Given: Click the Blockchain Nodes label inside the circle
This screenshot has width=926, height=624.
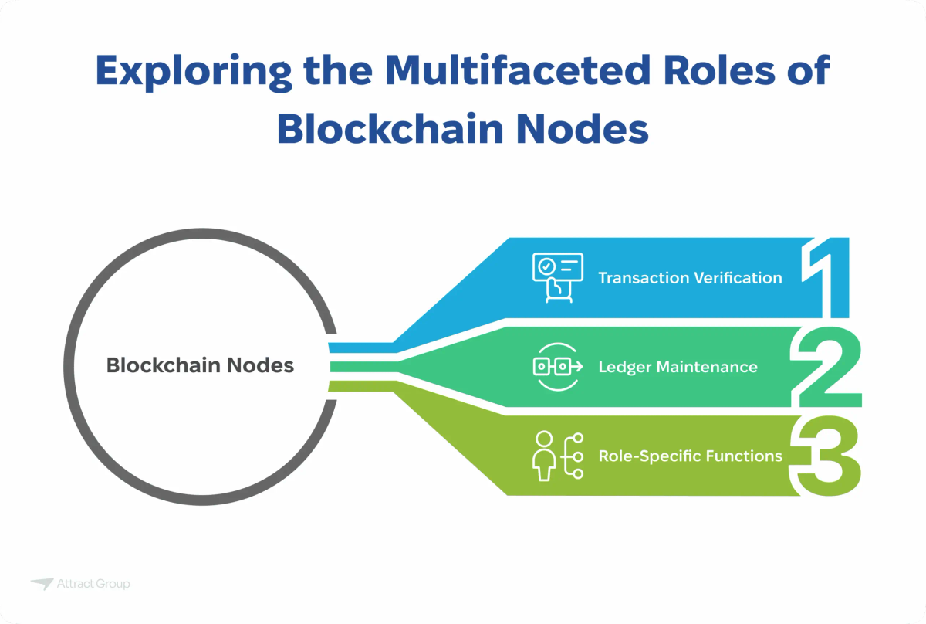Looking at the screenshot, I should [200, 365].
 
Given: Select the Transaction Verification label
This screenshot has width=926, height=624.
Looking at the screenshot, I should [690, 278].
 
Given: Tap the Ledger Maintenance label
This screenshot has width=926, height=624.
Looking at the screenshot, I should [678, 367].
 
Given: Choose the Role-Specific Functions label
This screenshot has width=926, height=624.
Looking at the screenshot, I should [690, 456].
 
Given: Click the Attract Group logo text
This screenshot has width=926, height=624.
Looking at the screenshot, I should [93, 584].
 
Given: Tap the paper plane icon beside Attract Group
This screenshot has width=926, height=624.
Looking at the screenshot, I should [42, 584].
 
